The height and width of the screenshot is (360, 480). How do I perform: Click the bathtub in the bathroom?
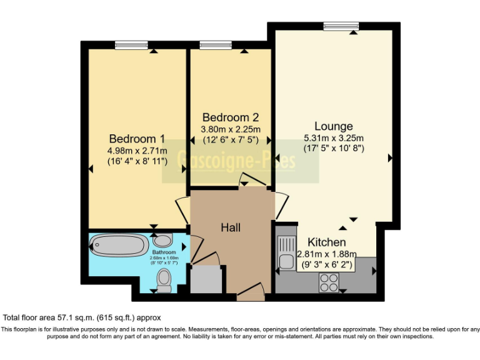(x=119, y=244)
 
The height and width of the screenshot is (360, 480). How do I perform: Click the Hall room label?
(x=231, y=228)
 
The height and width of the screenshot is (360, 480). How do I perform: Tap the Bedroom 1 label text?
(x=137, y=139)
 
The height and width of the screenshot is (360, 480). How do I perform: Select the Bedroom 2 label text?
(x=230, y=117)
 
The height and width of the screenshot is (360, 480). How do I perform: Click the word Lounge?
(x=333, y=126)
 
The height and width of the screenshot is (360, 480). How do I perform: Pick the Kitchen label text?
(x=326, y=242)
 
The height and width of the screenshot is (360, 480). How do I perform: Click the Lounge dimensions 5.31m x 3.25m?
(x=333, y=138)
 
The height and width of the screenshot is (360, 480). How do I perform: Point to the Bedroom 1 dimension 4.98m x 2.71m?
(x=137, y=151)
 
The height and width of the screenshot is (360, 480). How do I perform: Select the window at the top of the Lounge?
(x=341, y=26)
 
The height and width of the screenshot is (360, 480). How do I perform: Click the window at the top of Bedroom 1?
(x=131, y=45)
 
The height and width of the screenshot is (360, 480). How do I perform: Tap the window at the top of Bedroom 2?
(x=216, y=45)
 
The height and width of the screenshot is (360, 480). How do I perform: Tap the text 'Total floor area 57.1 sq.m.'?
(x=56, y=317)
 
